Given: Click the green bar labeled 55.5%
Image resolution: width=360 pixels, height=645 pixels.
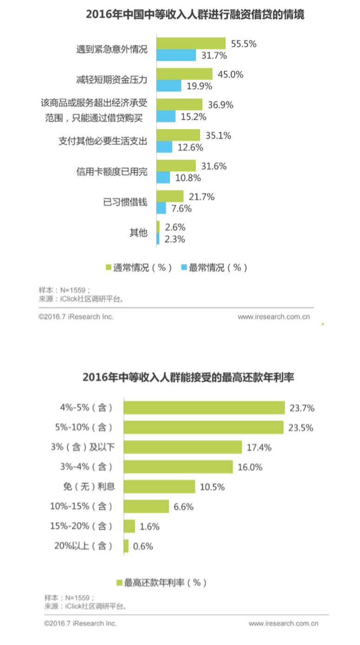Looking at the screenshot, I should [x=191, y=43].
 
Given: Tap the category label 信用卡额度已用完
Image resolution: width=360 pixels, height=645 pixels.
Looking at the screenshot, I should [x=111, y=171].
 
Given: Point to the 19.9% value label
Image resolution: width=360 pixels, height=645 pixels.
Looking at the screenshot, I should [x=199, y=86].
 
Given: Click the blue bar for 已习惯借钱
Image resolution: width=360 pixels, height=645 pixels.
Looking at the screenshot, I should [x=161, y=208].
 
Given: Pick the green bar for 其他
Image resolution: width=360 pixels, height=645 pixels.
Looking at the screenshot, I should [x=158, y=227].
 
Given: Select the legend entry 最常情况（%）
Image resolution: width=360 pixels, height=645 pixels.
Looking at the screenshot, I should [x=214, y=268].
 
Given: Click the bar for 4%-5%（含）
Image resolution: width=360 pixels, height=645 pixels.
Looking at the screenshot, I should [x=204, y=407].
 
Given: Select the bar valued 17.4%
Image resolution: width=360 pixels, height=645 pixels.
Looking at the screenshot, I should [x=183, y=447].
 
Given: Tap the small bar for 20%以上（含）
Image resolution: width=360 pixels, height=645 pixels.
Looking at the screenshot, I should [x=126, y=546].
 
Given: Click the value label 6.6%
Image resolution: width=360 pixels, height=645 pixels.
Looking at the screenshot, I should [x=183, y=507].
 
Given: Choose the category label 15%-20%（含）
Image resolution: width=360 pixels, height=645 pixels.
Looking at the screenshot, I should [x=81, y=526].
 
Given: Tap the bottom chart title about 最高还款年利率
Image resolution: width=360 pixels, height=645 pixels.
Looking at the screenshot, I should [x=188, y=377].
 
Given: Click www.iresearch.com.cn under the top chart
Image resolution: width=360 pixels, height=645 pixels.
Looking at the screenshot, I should [x=273, y=317].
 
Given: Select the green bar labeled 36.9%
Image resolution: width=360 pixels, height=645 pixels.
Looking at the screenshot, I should [x=179, y=104].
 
